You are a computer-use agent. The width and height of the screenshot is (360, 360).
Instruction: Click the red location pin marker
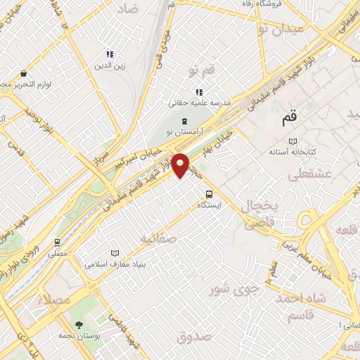tap(181, 165)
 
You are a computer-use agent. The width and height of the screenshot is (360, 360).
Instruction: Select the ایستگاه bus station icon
tap(209, 194)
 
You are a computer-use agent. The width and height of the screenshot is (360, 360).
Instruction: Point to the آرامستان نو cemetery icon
tap(185, 122)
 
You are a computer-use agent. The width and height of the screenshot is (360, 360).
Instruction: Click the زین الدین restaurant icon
tap(109, 54)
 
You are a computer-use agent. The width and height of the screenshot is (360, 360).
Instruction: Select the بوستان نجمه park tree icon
tap(78, 325)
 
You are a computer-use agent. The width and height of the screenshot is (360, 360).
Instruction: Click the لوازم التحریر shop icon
tap(24, 73)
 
